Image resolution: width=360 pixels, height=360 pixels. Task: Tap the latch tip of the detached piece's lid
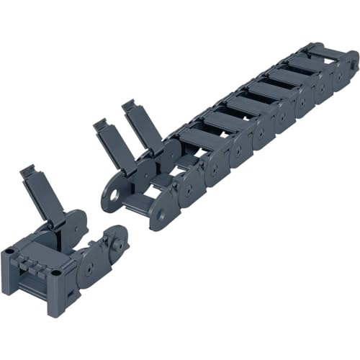pos(28,171)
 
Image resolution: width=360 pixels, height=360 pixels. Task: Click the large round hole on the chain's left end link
pos(114,195)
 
